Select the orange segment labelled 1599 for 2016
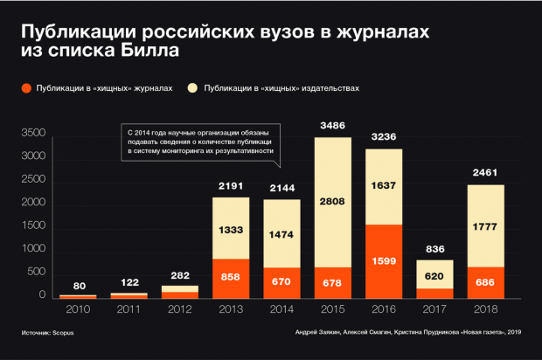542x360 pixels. (x=383, y=261)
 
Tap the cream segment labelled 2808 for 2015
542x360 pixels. (x=332, y=202)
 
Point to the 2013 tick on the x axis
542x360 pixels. (x=231, y=308)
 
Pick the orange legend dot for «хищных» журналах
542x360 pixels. (x=26, y=88)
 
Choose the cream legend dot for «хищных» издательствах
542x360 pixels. (x=193, y=88)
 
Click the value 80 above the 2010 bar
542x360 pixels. (x=78, y=285)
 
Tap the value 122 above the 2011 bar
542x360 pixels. (x=129, y=282)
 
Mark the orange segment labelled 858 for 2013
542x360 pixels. (x=231, y=277)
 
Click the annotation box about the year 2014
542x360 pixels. (x=199, y=141)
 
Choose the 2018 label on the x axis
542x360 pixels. (x=484, y=308)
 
